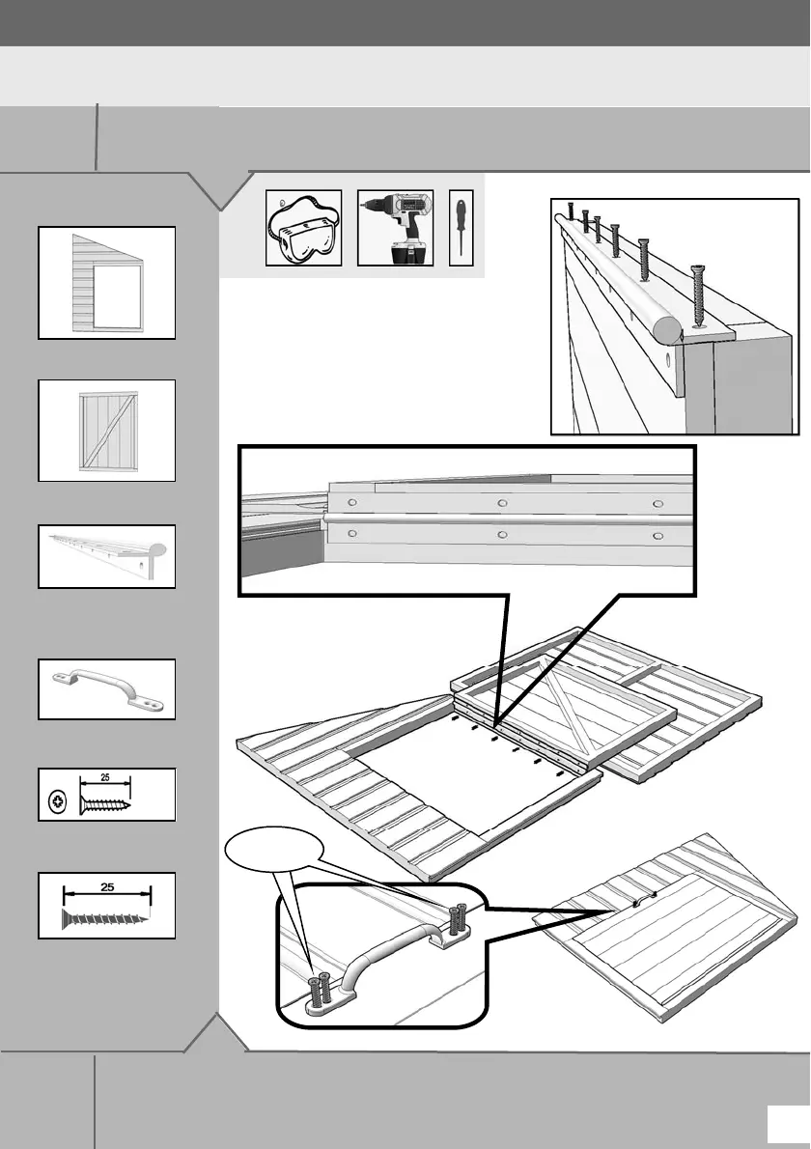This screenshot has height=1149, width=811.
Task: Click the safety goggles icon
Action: click(x=303, y=228)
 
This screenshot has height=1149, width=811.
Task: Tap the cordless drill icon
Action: click(x=395, y=228)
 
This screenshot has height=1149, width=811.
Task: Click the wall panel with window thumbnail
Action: click(x=106, y=283)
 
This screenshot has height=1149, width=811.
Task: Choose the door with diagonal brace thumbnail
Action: click(x=106, y=431)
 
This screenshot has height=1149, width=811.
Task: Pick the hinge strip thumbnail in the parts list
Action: click(x=106, y=556)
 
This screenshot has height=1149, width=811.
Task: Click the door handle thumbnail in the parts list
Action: click(x=106, y=688)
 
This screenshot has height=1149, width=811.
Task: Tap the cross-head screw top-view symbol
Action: click(x=57, y=799)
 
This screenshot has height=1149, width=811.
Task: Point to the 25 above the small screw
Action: click(x=105, y=778)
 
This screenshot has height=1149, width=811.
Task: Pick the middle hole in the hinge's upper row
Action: click(x=501, y=503)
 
